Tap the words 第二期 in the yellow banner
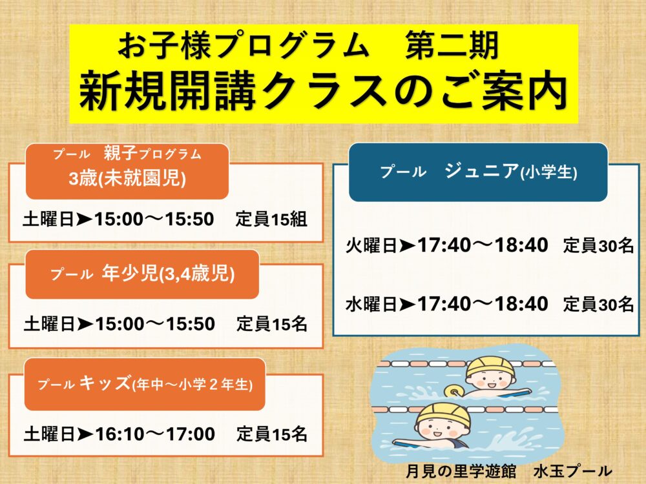(x=452, y=46)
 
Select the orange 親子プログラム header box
(x=127, y=172)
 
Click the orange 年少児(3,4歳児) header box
(x=142, y=274)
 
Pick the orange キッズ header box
(x=145, y=385)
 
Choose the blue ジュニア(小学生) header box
(x=478, y=172)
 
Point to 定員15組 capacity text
(x=271, y=219)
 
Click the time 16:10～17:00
(x=155, y=434)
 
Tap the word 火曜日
(x=371, y=246)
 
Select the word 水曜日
(x=371, y=305)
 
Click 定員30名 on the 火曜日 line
(x=598, y=246)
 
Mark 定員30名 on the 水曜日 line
(x=598, y=305)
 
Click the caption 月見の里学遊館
(x=460, y=471)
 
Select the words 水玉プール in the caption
(x=572, y=471)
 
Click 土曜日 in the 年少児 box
(x=49, y=325)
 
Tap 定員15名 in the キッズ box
(x=272, y=434)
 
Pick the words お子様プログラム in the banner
(x=244, y=46)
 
